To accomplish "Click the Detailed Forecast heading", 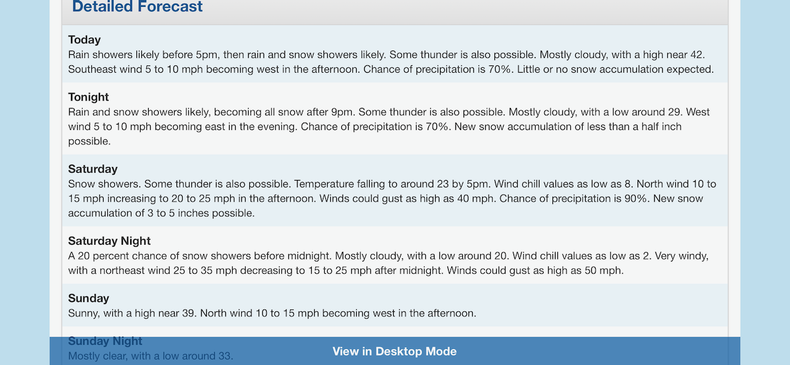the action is (x=137, y=6).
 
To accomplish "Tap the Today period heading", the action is (x=85, y=40).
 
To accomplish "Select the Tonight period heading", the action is (x=88, y=97).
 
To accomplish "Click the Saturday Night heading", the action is (x=109, y=241).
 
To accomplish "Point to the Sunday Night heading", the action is (x=105, y=341).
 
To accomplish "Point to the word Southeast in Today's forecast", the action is (x=93, y=70).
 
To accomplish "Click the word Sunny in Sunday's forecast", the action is (x=83, y=313).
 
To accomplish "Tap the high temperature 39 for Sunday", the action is (x=189, y=313).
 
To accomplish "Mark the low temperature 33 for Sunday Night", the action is (x=225, y=356).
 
